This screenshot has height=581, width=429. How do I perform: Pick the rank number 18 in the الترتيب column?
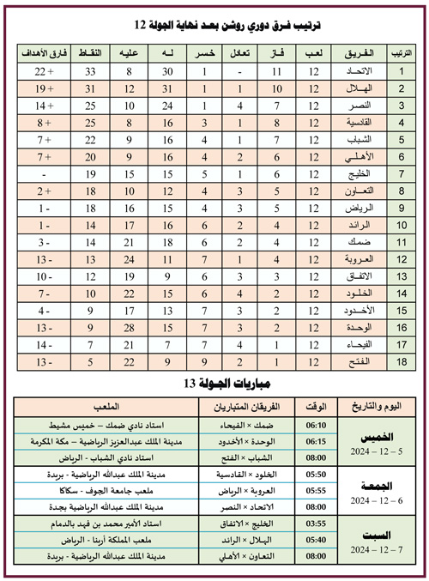pos(400,362)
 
